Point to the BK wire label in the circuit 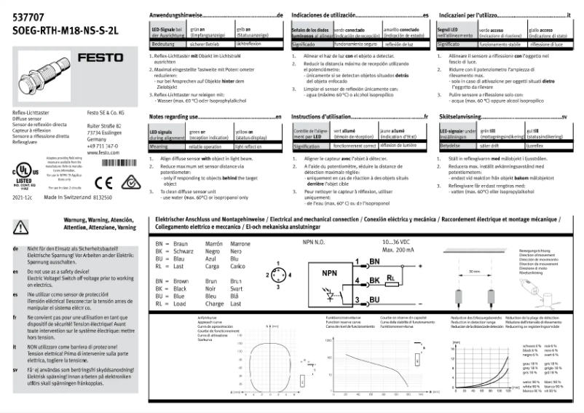pyautogui.click(x=375, y=280)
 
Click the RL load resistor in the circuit pyautogui.click(x=392, y=278)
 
